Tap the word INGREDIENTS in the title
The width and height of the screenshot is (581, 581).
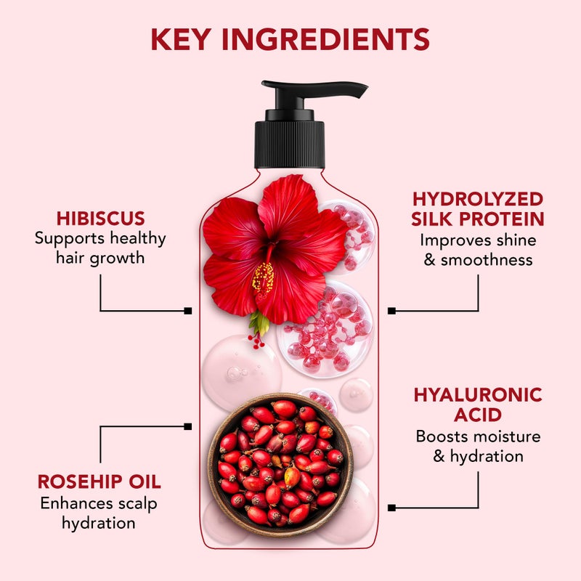tap(331, 38)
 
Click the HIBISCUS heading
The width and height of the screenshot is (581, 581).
tap(100, 218)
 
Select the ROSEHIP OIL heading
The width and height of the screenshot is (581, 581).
tap(99, 482)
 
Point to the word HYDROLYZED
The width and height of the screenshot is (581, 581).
tap(477, 199)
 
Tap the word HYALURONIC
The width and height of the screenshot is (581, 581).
tap(478, 395)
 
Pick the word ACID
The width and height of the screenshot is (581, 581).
tap(478, 415)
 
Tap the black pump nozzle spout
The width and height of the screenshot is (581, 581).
tap(341, 89)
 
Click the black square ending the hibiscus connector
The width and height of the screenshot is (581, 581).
tap(188, 311)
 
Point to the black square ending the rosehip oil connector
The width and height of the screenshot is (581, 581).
tap(188, 426)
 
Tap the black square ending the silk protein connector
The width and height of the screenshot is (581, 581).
tap(392, 311)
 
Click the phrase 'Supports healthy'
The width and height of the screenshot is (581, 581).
tap(100, 238)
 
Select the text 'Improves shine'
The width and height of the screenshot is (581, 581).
tap(477, 240)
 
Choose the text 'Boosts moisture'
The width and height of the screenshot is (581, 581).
tap(478, 436)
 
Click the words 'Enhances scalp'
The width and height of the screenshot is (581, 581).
tap(99, 503)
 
